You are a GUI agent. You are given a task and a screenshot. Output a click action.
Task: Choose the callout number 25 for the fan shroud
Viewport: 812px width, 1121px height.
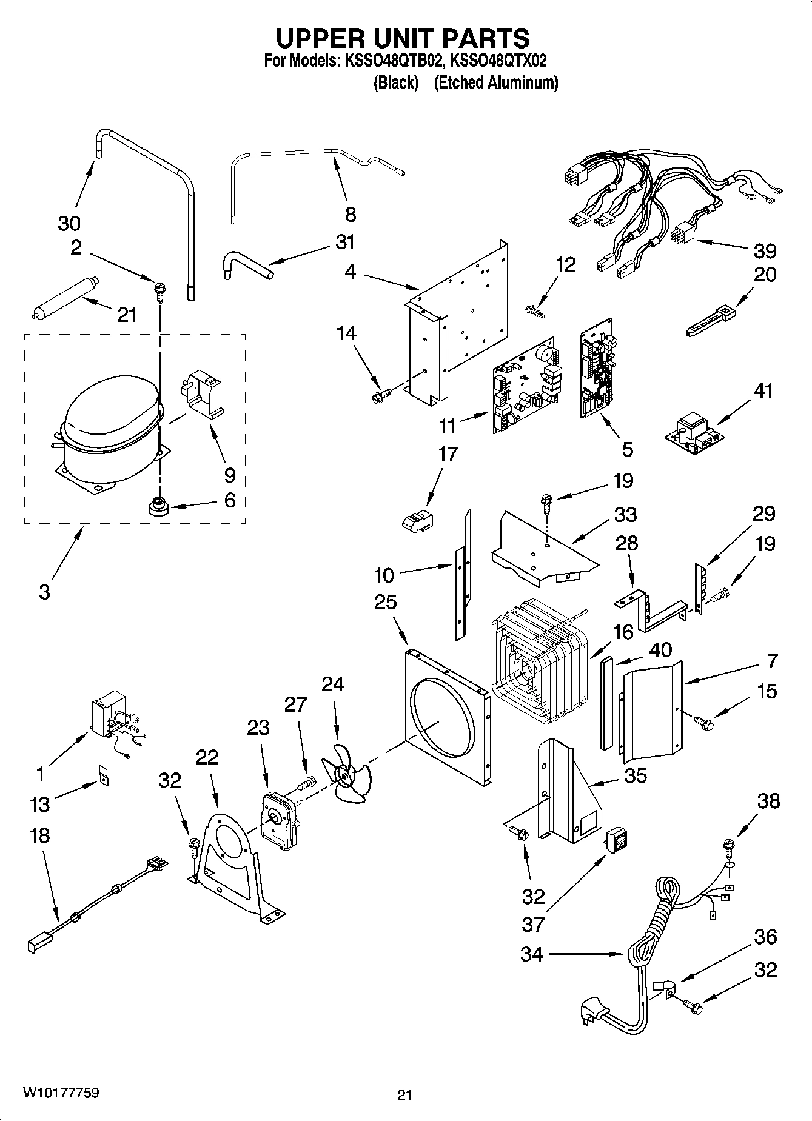(x=385, y=602)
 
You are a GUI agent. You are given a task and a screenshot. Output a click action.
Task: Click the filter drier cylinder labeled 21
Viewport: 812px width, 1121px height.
(x=62, y=301)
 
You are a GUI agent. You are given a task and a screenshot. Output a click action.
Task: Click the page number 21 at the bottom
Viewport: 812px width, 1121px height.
(x=404, y=1095)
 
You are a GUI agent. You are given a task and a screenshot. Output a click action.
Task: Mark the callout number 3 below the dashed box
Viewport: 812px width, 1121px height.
(x=44, y=592)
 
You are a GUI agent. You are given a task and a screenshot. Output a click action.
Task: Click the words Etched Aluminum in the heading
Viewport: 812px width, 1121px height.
(x=496, y=83)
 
